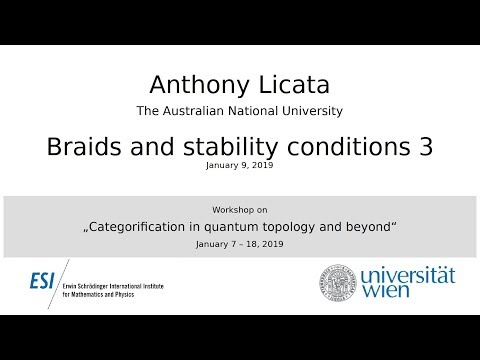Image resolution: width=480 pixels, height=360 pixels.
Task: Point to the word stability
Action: (x=201, y=146)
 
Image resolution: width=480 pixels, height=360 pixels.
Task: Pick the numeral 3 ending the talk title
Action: (x=425, y=146)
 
